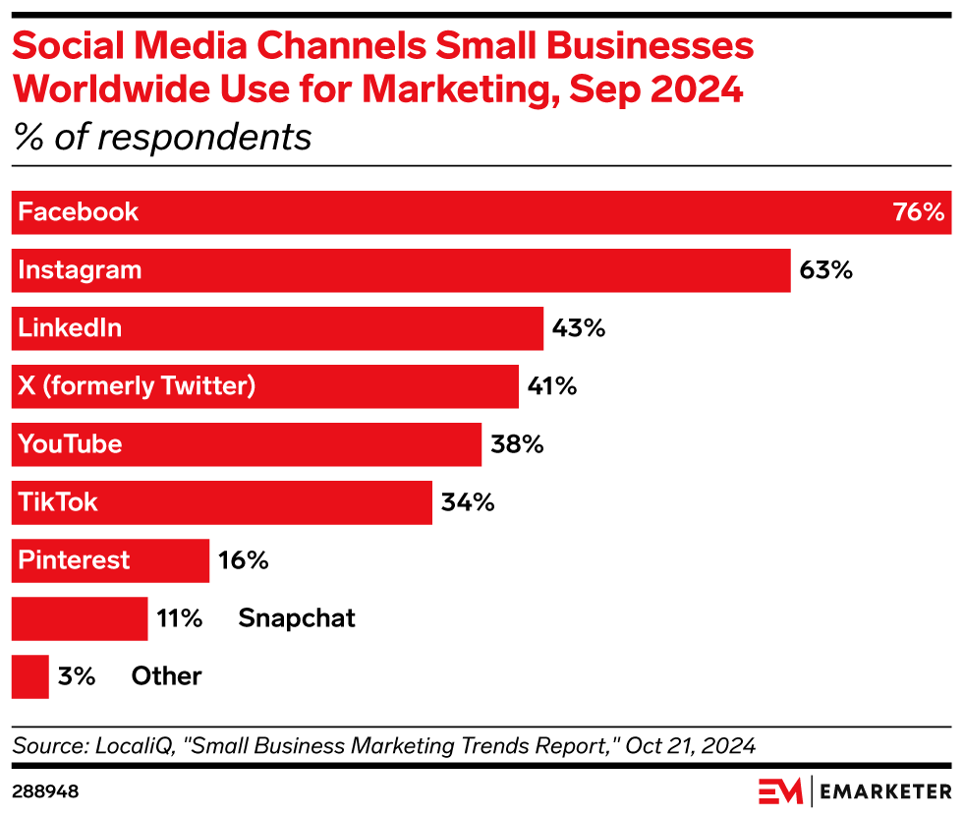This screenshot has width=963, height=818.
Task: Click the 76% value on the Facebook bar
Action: click(x=918, y=212)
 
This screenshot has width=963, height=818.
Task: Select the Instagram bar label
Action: click(x=80, y=270)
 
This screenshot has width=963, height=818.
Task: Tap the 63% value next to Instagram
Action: click(x=825, y=270)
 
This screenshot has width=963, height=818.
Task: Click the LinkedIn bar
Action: click(x=277, y=328)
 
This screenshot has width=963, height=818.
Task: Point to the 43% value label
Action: click(x=578, y=328)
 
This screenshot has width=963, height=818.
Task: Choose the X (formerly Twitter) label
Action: click(x=137, y=386)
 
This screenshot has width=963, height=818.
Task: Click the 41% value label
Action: click(x=551, y=386)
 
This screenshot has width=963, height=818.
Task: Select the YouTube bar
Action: click(x=246, y=444)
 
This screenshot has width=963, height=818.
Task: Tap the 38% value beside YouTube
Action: click(x=516, y=444)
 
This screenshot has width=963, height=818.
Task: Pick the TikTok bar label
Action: click(x=58, y=502)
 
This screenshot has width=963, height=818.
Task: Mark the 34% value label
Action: click(x=467, y=502)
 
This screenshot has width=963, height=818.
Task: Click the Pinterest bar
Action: click(x=110, y=560)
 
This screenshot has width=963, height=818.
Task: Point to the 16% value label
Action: click(x=243, y=560)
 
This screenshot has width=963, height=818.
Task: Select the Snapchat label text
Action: click(x=296, y=618)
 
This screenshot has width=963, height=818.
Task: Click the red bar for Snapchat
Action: click(x=79, y=618)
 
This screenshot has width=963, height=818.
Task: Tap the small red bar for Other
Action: click(x=29, y=676)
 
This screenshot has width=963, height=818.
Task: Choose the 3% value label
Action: click(x=76, y=676)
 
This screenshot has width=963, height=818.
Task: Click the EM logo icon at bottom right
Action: click(x=780, y=791)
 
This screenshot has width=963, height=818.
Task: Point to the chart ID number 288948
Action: click(x=45, y=791)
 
